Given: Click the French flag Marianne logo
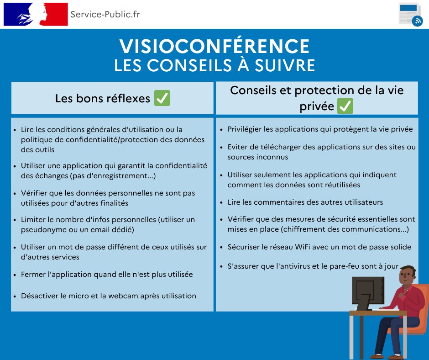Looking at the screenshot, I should [35, 14].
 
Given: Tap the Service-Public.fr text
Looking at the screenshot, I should [105, 14].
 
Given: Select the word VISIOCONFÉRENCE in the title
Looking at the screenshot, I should [214, 46].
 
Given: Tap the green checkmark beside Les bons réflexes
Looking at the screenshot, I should [162, 98].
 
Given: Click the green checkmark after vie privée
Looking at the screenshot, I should [345, 106].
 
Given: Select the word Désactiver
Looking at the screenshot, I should [40, 296].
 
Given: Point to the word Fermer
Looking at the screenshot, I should [34, 275].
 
